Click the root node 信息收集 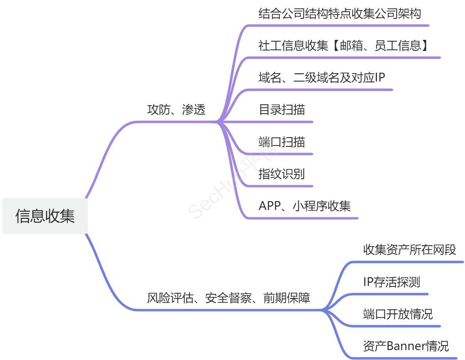[x=45, y=216]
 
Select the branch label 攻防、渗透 [x=176, y=110]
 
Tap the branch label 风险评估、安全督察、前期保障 [x=229, y=298]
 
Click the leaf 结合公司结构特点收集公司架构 [x=339, y=14]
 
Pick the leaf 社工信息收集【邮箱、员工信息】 [x=344, y=46]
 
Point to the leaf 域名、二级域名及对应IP [x=322, y=78]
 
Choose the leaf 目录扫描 [x=282, y=110]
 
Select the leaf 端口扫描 [x=282, y=142]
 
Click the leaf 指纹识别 [x=282, y=174]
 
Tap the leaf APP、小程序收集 [x=304, y=206]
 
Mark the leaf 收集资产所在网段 [x=409, y=250]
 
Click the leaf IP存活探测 [x=391, y=282]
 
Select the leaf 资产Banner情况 [x=406, y=346]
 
